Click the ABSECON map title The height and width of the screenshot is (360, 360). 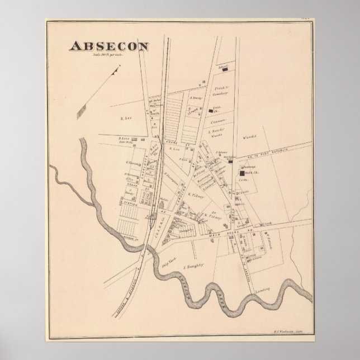pos(108,46)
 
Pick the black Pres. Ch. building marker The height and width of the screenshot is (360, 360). pos(211,111)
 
